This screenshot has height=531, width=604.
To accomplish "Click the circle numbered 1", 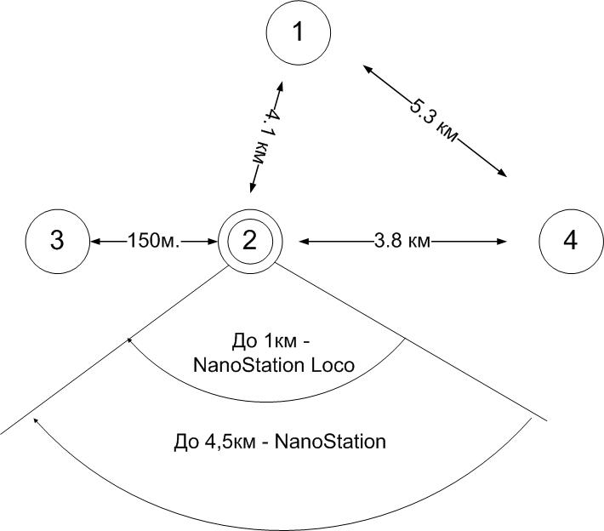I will (x=298, y=32).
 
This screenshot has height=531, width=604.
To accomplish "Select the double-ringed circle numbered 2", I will (x=249, y=241).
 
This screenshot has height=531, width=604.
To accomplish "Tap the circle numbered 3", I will (x=57, y=241).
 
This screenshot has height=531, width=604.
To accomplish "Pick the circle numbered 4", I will (x=570, y=241).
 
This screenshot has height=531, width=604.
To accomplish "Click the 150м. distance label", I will (x=154, y=242).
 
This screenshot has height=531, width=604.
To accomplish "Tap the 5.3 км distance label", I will (x=433, y=120).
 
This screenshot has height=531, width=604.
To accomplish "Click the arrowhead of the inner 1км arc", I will (x=130, y=340).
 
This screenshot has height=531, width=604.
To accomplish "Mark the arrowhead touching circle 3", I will (x=94, y=242).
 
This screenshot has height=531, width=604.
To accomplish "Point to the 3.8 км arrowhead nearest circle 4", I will (x=504, y=242).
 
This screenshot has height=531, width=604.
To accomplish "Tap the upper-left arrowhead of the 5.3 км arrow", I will (x=365, y=66).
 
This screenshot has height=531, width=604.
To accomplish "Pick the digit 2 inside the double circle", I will (x=249, y=242).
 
